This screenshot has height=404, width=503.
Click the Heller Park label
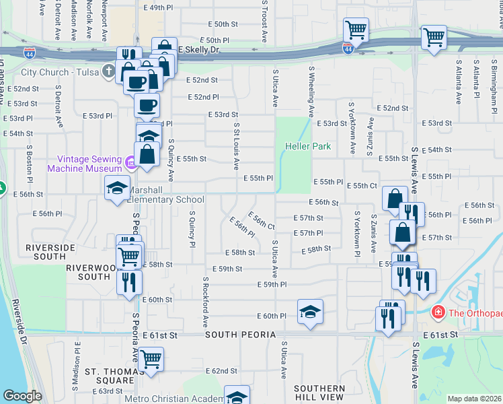pos(308,146)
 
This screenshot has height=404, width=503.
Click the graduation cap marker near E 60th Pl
pos(309,312)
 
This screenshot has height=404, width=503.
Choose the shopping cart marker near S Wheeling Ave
pos(355,30)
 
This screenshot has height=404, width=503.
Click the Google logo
pos(22,396)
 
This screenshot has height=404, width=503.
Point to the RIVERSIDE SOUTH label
pos(50,248)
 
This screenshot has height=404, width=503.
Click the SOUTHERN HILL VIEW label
pos(319,394)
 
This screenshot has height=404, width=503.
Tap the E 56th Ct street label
pos(262,220)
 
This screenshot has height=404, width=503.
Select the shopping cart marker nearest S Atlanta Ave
pos(434,38)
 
